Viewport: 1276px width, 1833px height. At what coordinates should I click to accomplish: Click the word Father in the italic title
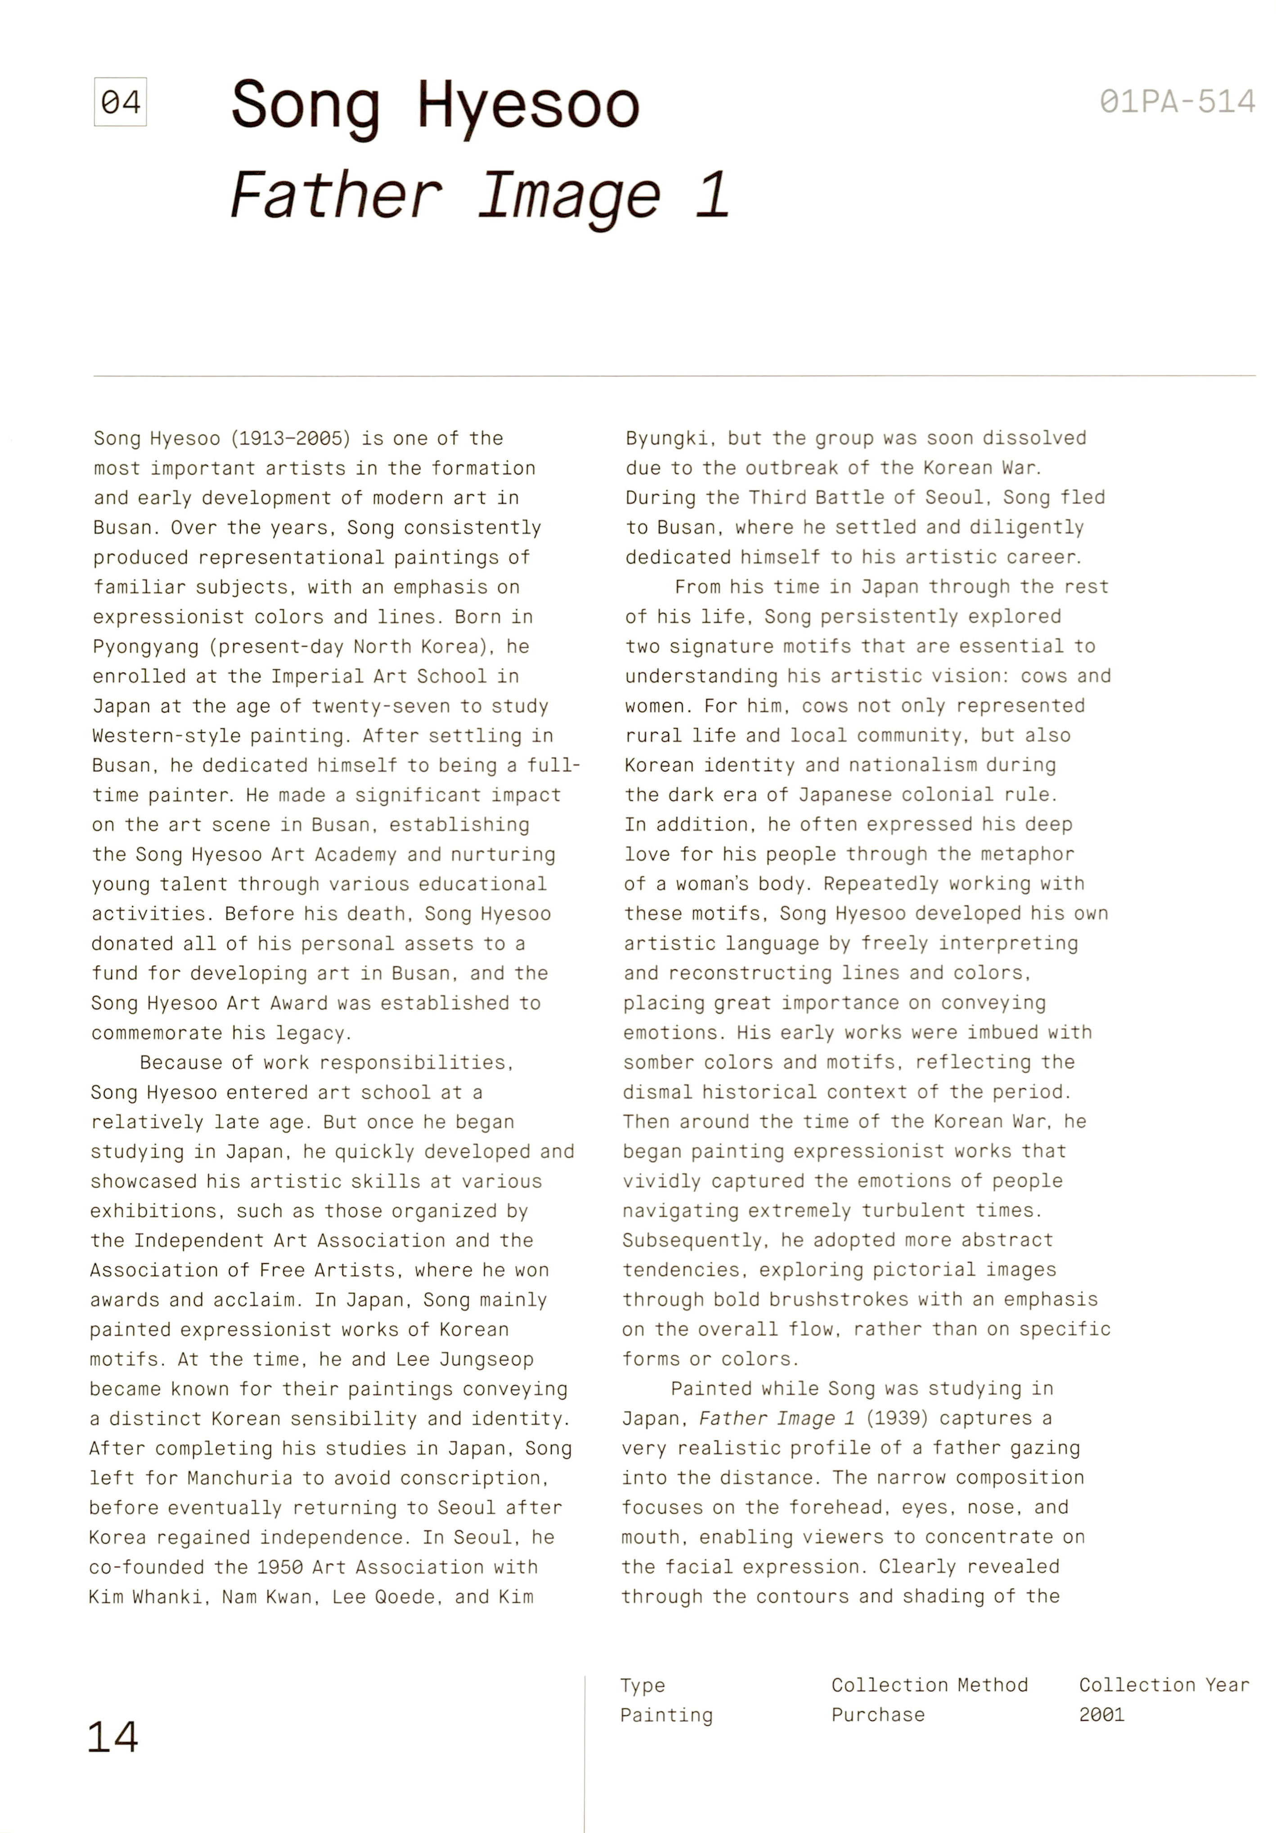335,196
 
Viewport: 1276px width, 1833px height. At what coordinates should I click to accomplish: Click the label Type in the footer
642,1685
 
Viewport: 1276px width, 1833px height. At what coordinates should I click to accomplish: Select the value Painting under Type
666,1715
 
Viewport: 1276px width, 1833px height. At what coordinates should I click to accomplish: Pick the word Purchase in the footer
878,1715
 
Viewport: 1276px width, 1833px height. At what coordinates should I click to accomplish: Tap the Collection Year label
1164,1685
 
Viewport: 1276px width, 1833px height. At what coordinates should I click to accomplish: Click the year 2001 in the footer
1101,1715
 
